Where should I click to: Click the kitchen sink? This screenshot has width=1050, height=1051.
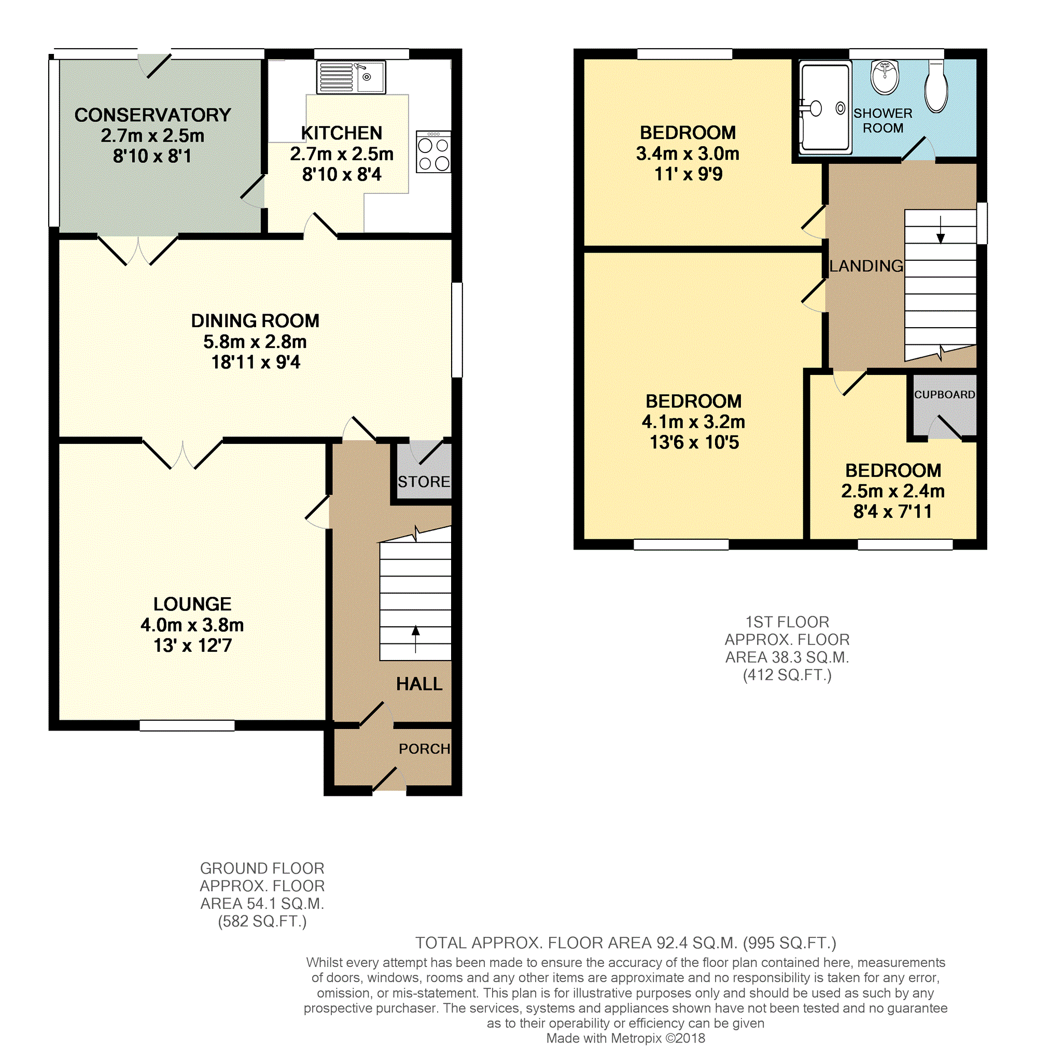(x=352, y=77)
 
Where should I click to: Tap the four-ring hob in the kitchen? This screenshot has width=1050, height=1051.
(x=433, y=152)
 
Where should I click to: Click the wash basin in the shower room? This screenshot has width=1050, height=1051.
(x=885, y=77)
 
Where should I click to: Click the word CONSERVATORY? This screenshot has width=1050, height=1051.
(x=152, y=115)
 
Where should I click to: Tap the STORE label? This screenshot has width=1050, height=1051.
(x=424, y=482)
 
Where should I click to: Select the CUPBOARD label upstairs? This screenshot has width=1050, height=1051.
(x=944, y=395)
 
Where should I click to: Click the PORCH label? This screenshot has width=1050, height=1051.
(x=424, y=749)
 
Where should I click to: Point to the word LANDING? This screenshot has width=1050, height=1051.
(x=866, y=266)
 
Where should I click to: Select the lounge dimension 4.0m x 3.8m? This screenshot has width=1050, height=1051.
(x=192, y=625)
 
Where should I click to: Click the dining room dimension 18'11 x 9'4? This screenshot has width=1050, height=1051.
(x=255, y=362)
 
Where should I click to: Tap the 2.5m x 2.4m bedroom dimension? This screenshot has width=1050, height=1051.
(x=892, y=491)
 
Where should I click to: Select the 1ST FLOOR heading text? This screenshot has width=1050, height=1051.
(x=787, y=622)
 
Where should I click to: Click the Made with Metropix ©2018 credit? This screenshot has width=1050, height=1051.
(x=625, y=1038)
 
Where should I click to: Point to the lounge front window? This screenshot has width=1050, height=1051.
(x=187, y=725)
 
